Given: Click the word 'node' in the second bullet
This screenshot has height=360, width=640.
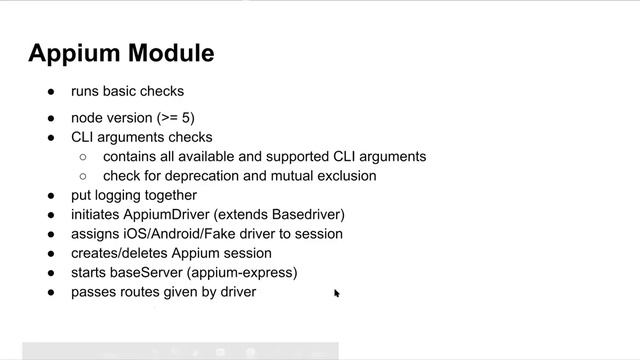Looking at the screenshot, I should [87, 118].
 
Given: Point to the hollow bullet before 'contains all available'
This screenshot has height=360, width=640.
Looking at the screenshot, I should [82, 157].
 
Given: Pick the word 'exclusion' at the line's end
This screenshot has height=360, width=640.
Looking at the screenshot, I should [344, 176].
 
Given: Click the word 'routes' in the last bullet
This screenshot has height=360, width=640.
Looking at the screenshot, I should [141, 292].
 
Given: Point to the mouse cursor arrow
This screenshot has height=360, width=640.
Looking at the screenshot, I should [337, 293].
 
